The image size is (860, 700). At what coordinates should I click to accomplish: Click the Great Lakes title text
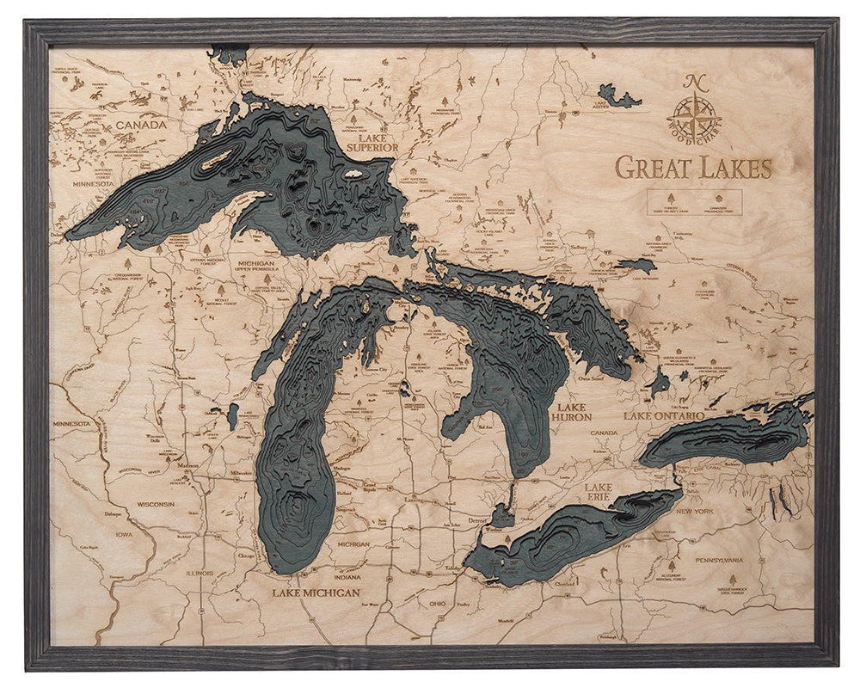pos(693,167)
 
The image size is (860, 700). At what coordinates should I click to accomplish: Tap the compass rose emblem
pos(694,111)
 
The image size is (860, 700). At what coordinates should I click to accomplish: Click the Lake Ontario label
pos(664,416)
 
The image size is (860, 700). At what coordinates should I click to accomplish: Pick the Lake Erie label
pos(599,492)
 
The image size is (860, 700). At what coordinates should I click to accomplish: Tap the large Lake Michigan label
pos(316,592)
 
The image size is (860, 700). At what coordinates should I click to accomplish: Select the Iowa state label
pos(124,533)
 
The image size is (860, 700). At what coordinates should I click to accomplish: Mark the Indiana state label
pos(348,577)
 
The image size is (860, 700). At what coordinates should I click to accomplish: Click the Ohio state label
pos(438,604)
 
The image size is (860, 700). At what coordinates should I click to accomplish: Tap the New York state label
pos(695,512)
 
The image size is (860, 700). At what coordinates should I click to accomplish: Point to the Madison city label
pos(188,465)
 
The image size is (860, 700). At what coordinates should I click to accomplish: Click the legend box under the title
pos(694,202)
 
